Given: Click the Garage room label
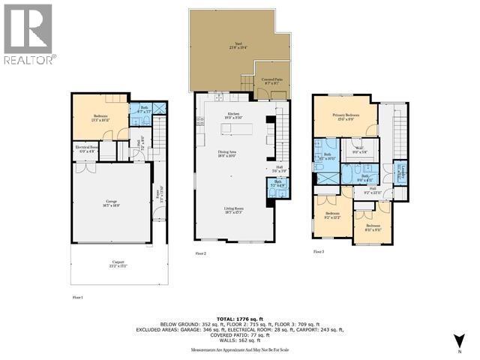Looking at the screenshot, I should [x=109, y=201].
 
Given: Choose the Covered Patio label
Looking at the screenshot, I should [x=271, y=80].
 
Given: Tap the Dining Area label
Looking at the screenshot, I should [x=228, y=153].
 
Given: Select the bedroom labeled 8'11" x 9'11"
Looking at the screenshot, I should [x=373, y=226].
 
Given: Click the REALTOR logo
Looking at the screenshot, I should [x=28, y=34].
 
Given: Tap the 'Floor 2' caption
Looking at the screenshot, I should [x=200, y=254].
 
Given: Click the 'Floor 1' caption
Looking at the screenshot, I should [x=77, y=298].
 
